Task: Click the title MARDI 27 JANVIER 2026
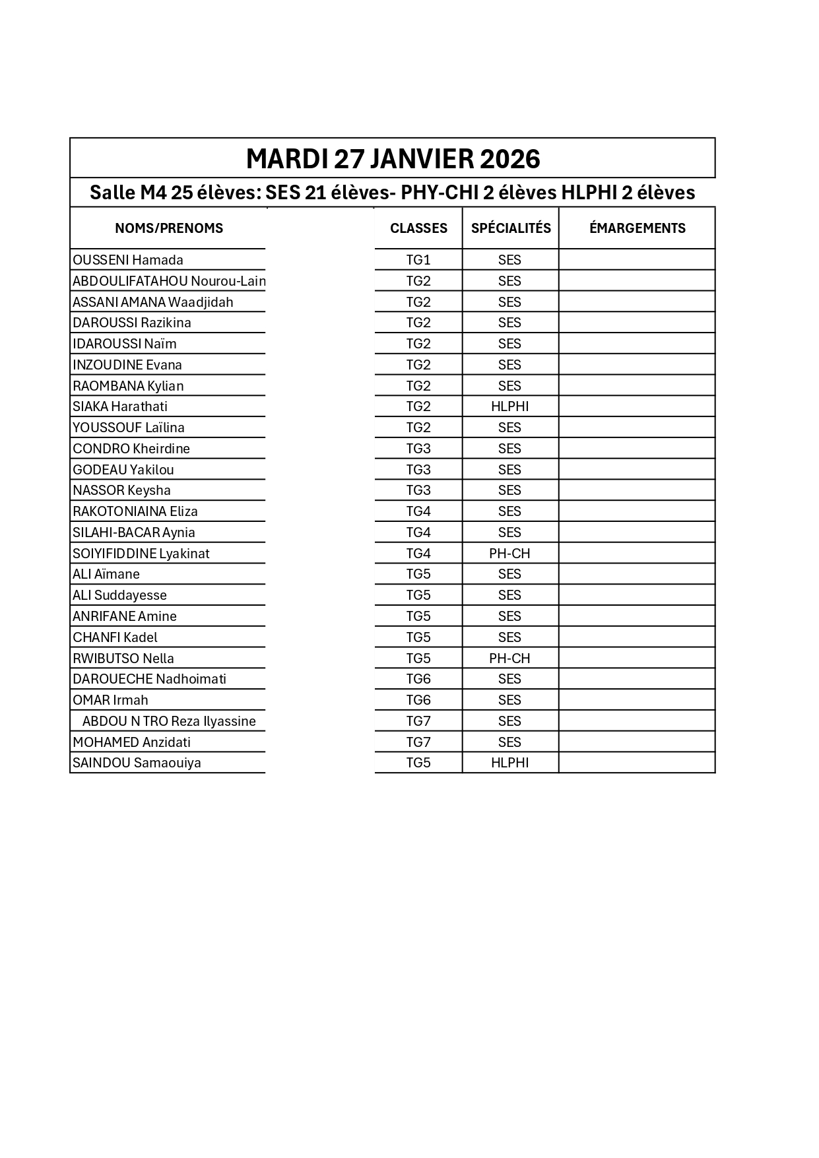point(393,159)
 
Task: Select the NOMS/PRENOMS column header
point(169,228)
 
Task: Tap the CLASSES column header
point(418,228)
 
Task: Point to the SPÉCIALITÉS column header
point(511,228)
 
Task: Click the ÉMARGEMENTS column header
point(637,228)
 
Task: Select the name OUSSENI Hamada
point(128,260)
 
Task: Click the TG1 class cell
point(418,260)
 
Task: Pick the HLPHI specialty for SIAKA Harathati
point(510,406)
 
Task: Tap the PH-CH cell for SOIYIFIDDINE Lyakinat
point(510,554)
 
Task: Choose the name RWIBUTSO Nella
point(123,659)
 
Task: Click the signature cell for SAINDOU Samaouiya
point(637,763)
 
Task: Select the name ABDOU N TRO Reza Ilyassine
point(169,721)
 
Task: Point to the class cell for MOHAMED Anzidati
point(418,742)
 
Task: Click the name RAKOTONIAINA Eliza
point(135,511)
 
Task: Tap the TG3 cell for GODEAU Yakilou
point(418,470)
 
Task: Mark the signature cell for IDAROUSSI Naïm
point(637,344)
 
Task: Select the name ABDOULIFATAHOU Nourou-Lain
point(169,281)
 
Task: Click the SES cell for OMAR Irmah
point(510,700)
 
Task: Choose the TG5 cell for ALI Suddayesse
point(418,595)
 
